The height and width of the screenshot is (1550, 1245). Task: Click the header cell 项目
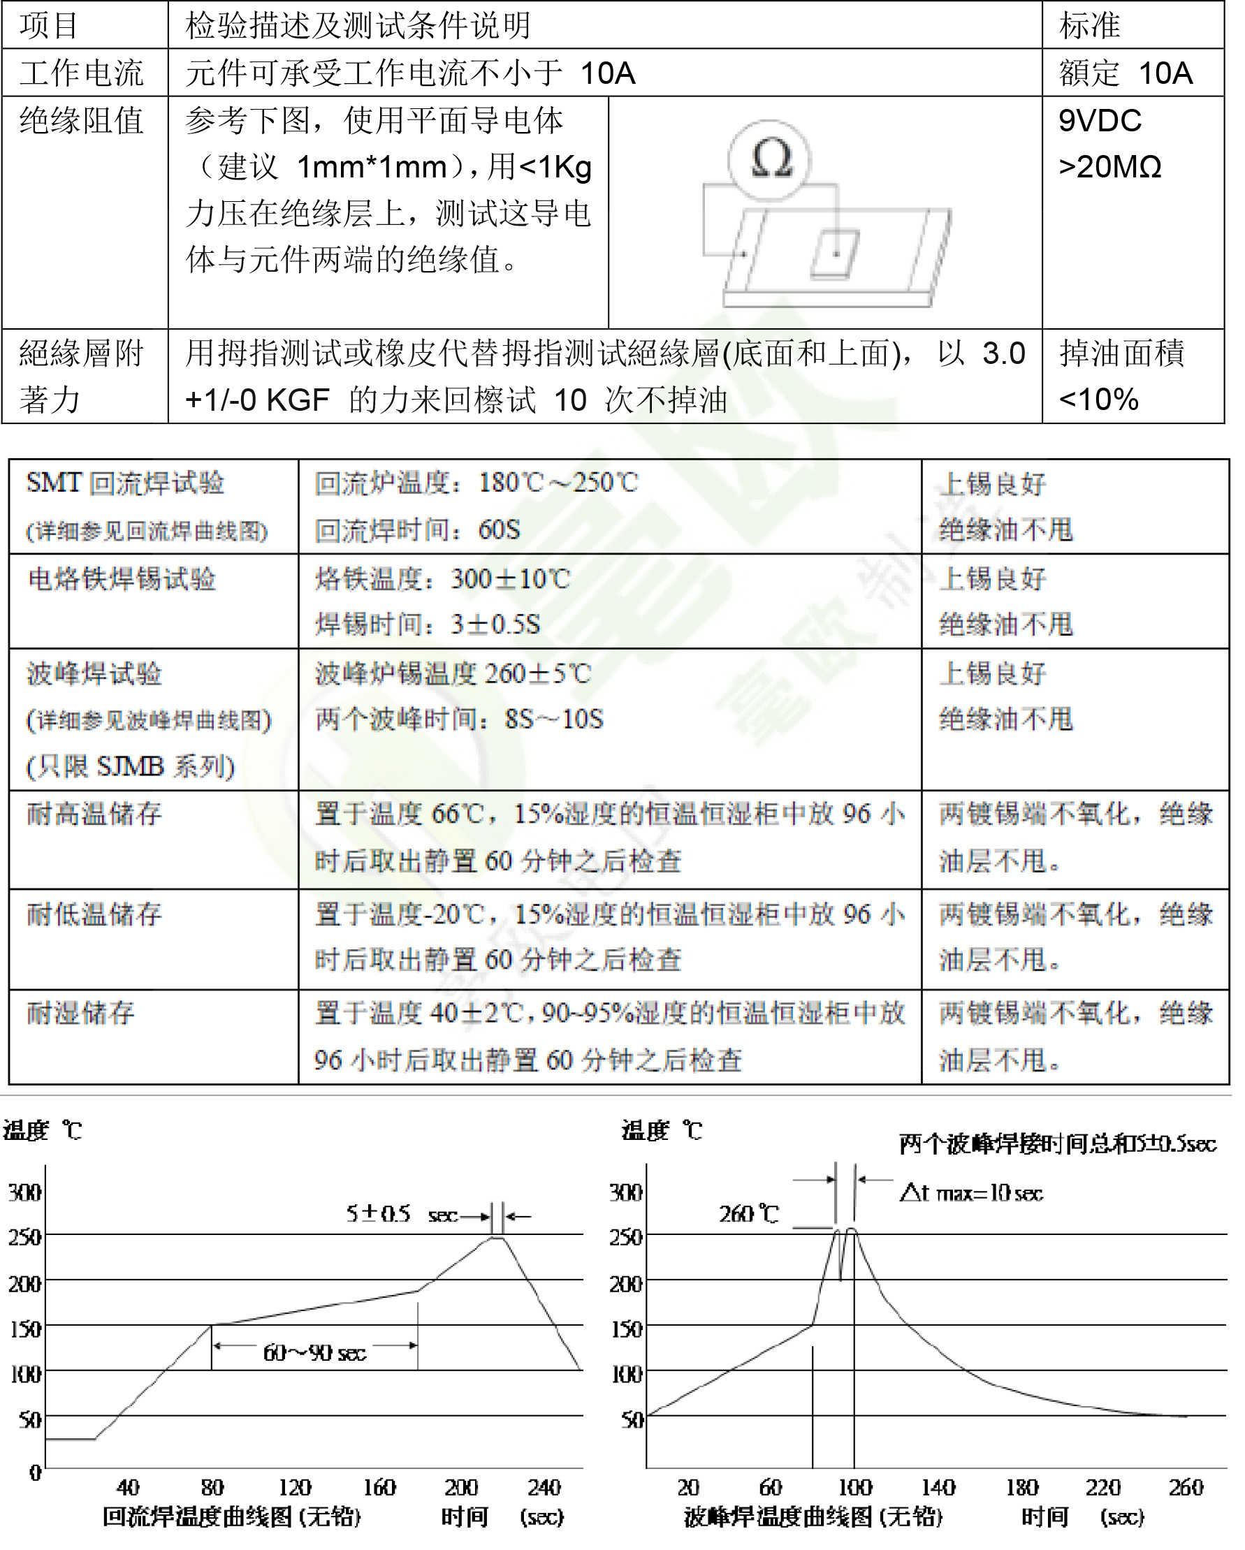[x=49, y=26]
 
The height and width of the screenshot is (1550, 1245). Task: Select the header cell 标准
[x=1089, y=26]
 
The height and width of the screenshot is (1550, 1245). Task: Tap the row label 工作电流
[x=81, y=73]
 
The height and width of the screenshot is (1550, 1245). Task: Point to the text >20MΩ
[x=1109, y=167]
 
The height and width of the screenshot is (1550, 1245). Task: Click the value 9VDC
[x=1100, y=121]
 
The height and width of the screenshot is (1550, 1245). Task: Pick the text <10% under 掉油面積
[x=1098, y=400]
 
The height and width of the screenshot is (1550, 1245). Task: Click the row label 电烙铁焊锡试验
[x=122, y=579]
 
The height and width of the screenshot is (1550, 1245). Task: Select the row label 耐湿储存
[x=80, y=1013]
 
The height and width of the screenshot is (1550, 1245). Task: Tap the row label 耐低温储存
[x=94, y=914]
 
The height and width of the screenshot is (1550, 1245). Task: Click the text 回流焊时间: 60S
[x=417, y=531]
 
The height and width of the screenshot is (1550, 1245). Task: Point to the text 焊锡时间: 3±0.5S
[x=428, y=624]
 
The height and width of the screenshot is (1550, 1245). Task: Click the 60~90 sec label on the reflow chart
[x=314, y=1353]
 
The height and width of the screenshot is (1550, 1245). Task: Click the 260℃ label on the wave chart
[x=749, y=1214]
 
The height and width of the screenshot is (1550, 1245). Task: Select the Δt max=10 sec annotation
[x=971, y=1194]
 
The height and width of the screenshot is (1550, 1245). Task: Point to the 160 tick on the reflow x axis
[x=379, y=1486]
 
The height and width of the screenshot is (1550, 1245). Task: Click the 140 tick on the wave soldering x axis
[x=938, y=1486]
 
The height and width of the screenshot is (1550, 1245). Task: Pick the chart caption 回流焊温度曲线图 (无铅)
[x=231, y=1517]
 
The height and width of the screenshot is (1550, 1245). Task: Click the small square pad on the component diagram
[x=834, y=254]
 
